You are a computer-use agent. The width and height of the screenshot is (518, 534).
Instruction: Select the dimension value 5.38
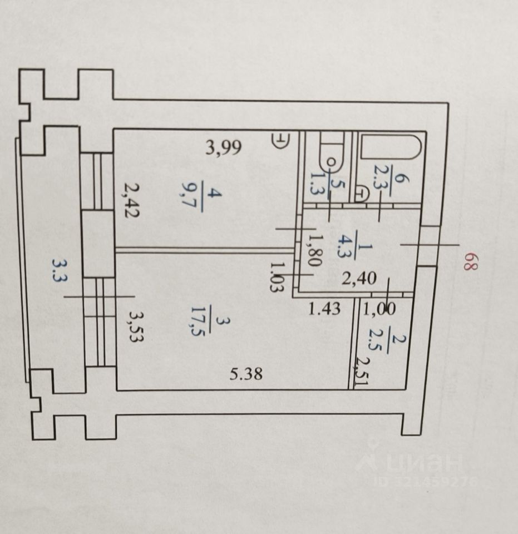246,374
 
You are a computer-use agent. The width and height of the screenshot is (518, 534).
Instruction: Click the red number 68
471,261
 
